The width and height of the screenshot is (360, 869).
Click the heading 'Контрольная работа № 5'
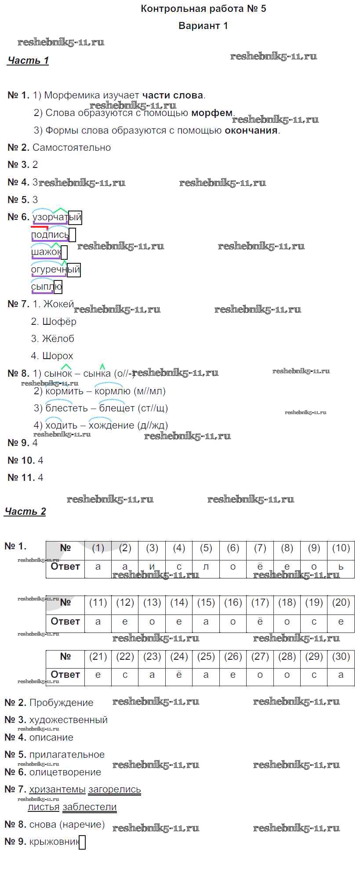tap(203, 9)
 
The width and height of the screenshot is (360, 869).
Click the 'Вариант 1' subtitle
tap(203, 26)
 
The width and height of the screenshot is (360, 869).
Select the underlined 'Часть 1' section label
tap(28, 61)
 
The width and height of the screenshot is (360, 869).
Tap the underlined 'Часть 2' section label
tap(25, 512)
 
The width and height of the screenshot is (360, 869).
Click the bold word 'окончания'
tap(251, 131)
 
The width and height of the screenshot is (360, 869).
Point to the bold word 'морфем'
tap(212, 113)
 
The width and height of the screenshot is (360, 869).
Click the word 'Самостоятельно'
tap(72, 148)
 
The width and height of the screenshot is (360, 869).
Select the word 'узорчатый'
tap(57, 217)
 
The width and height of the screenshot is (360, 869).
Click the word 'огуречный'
tap(55, 269)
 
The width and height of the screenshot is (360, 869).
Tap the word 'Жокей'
tap(58, 304)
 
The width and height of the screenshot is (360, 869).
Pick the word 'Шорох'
tap(58, 356)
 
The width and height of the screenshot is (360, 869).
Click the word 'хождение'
tap(111, 425)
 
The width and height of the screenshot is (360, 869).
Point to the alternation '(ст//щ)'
tap(153, 408)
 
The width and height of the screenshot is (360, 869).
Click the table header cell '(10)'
tap(341, 548)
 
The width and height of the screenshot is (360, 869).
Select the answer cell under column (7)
tap(260, 567)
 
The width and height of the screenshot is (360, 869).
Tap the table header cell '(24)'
tap(179, 657)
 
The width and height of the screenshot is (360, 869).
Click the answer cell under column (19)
tap(314, 622)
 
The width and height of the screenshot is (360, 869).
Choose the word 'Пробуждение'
tap(61, 703)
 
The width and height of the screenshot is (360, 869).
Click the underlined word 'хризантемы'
tap(57, 789)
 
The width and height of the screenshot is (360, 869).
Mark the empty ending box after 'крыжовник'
tap(82, 842)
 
